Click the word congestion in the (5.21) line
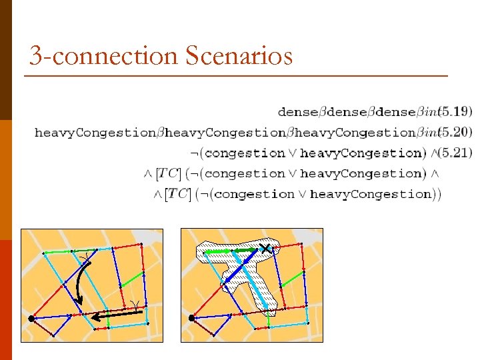246,153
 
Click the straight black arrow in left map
117,313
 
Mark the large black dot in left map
31,319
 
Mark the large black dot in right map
191,319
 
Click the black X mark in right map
265,249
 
